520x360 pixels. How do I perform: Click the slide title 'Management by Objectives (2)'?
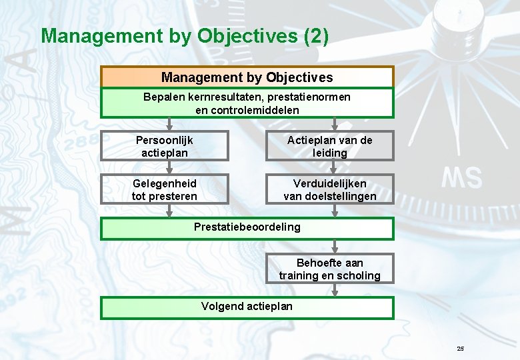[185, 36]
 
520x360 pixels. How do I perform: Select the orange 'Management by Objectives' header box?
[247, 77]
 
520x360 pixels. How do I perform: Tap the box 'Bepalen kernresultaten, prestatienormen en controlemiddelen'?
[247, 103]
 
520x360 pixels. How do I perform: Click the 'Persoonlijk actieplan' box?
[165, 147]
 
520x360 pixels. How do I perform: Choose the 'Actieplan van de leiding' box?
[329, 147]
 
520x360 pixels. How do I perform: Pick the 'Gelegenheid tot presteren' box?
[165, 189]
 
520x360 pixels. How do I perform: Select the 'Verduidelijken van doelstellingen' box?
[329, 189]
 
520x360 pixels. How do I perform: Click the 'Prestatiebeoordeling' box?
[247, 227]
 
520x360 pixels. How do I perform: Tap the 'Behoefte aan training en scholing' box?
[329, 269]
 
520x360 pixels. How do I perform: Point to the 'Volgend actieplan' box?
[247, 307]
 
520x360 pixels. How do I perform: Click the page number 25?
[460, 349]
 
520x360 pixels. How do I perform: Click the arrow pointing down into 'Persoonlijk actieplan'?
[169, 125]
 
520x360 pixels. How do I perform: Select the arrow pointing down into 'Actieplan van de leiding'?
[335, 125]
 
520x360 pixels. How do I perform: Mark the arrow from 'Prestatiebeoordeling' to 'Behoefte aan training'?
[335, 247]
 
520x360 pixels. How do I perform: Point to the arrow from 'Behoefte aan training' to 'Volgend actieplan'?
[335, 291]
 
